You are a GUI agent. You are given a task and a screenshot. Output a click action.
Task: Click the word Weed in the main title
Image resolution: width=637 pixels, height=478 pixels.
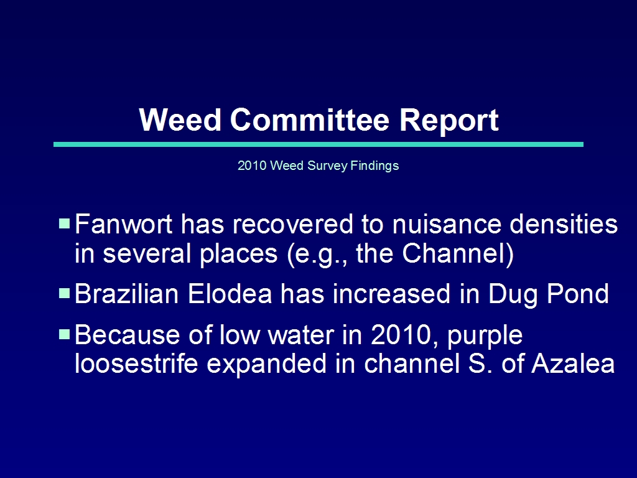tap(180, 119)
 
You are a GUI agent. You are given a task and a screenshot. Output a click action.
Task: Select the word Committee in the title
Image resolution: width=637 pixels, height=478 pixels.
tap(310, 119)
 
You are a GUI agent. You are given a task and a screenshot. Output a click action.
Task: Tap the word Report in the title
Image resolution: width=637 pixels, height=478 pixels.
tap(449, 120)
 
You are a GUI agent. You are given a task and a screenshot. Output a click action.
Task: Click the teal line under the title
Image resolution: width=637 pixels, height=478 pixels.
tap(318, 144)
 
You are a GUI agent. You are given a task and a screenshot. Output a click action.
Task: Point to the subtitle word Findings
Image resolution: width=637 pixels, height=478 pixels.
tap(374, 166)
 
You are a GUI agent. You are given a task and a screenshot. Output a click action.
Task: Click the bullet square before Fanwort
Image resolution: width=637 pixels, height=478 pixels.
tap(65, 223)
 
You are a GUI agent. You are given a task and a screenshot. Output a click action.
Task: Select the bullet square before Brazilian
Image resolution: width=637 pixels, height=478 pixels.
tap(65, 294)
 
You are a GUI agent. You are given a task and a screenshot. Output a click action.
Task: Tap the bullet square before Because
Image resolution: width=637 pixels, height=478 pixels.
tap(65, 334)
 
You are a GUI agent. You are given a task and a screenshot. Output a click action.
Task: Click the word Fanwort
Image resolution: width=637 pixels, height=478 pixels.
tap(124, 224)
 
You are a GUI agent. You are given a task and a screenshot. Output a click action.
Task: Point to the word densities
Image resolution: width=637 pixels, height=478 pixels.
tap(564, 224)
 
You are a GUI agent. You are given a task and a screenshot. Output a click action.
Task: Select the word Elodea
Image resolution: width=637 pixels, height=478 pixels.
tap(230, 294)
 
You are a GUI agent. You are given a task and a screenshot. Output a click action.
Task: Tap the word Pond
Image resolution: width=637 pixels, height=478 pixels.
tap(578, 294)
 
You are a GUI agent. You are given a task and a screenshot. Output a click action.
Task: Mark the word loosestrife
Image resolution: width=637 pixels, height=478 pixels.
tap(136, 363)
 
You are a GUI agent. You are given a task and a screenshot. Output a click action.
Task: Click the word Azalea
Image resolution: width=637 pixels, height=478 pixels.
tap(573, 363)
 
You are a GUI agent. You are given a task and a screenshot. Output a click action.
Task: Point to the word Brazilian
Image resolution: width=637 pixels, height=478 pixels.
tap(127, 294)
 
